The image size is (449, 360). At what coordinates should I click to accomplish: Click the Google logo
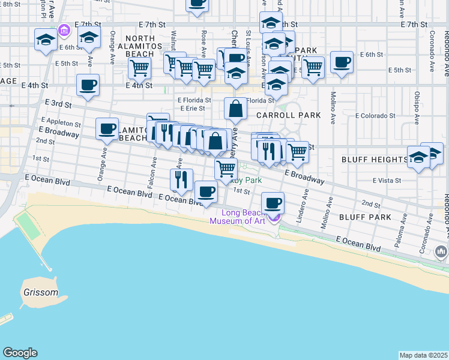[20, 353]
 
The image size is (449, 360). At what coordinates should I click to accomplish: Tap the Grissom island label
[41, 293]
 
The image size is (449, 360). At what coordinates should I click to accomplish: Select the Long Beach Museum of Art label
[237, 217]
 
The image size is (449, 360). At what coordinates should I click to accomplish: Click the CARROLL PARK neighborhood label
[288, 115]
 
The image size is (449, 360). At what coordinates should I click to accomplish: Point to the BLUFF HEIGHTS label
[375, 160]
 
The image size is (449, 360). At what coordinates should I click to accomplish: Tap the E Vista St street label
[386, 180]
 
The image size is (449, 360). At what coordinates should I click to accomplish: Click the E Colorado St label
[375, 115]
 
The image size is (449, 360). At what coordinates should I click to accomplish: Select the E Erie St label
[193, 109]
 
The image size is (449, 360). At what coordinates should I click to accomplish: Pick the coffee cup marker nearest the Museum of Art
[273, 202]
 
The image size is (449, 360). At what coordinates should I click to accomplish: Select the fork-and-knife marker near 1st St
[181, 178]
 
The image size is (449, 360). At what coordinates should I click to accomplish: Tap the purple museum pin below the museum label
[275, 217]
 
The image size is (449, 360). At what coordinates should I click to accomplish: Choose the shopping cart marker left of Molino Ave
[313, 67]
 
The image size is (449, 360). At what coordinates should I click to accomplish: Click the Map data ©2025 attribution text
[423, 355]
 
